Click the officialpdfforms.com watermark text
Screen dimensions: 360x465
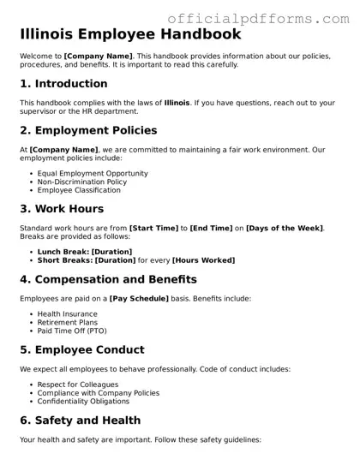click(x=261, y=16)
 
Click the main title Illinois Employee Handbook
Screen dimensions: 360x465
click(x=130, y=35)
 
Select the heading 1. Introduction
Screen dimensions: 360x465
click(x=63, y=84)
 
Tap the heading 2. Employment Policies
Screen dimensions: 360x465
click(x=88, y=131)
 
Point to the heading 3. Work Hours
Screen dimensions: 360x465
click(x=62, y=209)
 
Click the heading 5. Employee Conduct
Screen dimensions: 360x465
click(x=82, y=350)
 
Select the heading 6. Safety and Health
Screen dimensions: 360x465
click(x=81, y=420)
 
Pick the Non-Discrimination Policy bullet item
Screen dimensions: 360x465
click(x=81, y=182)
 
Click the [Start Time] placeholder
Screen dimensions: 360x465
click(x=153, y=229)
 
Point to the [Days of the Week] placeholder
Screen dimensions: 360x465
click(x=285, y=229)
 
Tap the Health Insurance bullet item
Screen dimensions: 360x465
click(x=68, y=314)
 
